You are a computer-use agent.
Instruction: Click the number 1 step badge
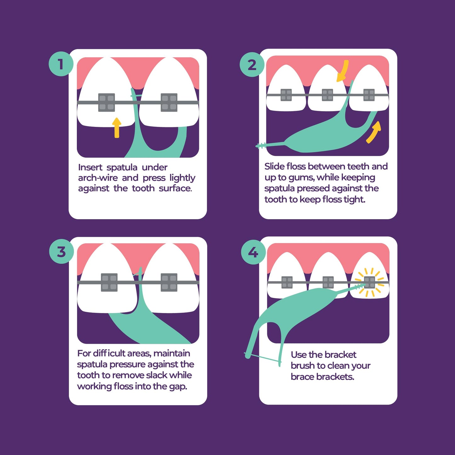pyautogui.click(x=61, y=64)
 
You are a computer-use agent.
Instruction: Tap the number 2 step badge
pyautogui.click(x=252, y=65)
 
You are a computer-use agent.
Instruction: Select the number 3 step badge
pyautogui.click(x=61, y=252)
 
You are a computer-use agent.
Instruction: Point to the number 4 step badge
pyautogui.click(x=253, y=252)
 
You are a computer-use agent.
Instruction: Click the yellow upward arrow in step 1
pyautogui.click(x=117, y=127)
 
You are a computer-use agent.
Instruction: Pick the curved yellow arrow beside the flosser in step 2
pyautogui.click(x=374, y=132)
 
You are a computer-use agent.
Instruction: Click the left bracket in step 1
pyautogui.click(x=106, y=102)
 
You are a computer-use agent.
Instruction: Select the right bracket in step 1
pyautogui.click(x=169, y=102)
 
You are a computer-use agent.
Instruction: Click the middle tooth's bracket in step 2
pyautogui.click(x=327, y=95)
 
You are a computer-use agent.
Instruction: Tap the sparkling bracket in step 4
pyautogui.click(x=370, y=282)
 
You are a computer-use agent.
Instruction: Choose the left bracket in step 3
pyautogui.click(x=109, y=282)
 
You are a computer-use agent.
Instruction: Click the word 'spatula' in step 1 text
pyautogui.click(x=122, y=168)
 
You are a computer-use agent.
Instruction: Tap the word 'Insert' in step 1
pyautogui.click(x=90, y=167)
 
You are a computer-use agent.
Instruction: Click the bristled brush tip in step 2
pyautogui.click(x=261, y=145)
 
